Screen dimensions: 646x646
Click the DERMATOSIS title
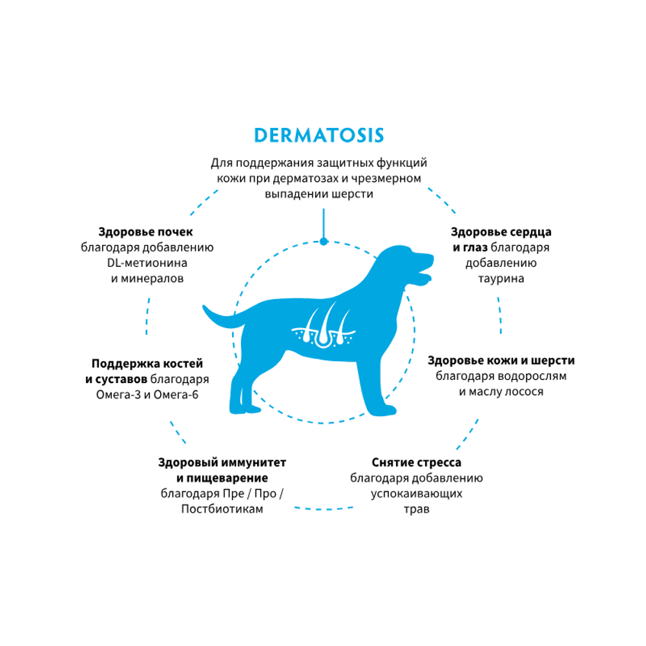[x=319, y=135]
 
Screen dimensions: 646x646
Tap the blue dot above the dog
[x=324, y=241]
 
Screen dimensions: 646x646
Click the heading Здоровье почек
[x=146, y=232]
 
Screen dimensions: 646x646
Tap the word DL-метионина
[x=147, y=263]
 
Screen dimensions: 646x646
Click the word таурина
[x=501, y=278]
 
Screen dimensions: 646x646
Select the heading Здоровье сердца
[x=501, y=232]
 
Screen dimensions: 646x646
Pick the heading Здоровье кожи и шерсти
[x=501, y=360]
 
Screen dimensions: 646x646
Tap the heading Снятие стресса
[x=417, y=463]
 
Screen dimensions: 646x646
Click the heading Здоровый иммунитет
[x=222, y=463]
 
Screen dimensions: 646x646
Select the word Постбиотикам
[x=222, y=509]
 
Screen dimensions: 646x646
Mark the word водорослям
[x=534, y=376]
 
